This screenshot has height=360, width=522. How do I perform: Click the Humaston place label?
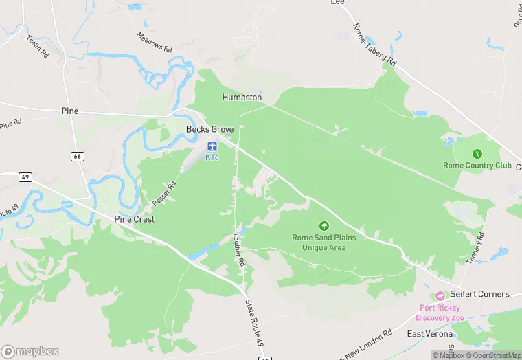click(x=242, y=98)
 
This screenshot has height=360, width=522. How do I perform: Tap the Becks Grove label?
click(x=210, y=129)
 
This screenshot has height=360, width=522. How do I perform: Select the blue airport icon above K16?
click(x=212, y=146)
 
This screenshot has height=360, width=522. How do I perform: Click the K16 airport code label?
click(x=212, y=157)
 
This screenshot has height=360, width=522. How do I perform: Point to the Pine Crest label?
click(x=134, y=219)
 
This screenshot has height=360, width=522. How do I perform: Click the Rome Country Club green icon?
click(x=477, y=154)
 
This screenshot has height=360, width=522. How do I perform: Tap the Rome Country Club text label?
click(x=477, y=166)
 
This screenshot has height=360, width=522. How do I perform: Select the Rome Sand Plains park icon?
click(x=324, y=225)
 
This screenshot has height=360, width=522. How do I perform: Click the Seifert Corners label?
click(x=479, y=294)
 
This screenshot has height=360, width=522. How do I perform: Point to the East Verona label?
click(x=429, y=334)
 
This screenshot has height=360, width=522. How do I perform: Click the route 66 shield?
click(x=78, y=157)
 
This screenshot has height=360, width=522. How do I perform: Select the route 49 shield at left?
click(x=25, y=177)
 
